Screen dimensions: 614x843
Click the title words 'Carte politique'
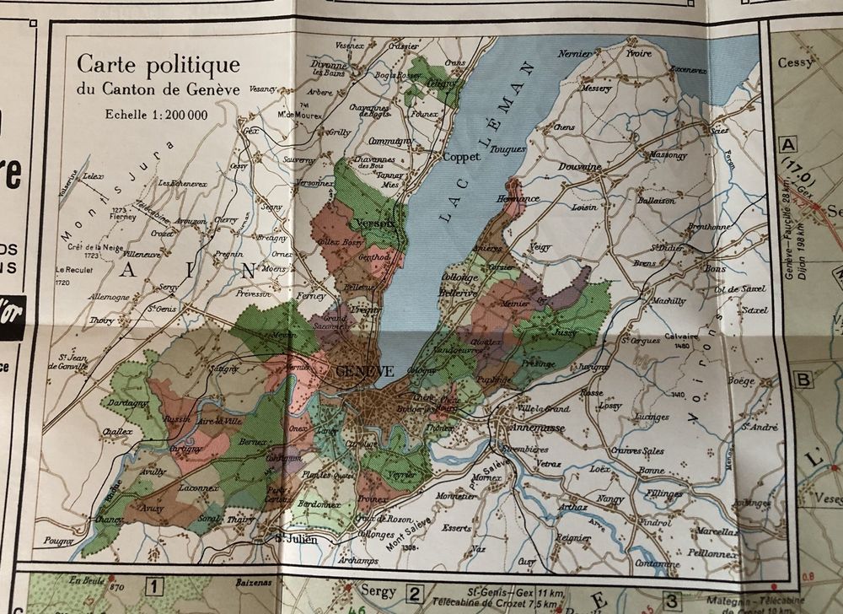(x=158, y=65)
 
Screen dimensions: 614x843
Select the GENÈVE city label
(x=365, y=371)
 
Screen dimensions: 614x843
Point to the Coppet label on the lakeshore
(x=461, y=157)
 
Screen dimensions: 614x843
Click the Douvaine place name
(x=579, y=167)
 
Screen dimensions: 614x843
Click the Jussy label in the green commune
(x=564, y=333)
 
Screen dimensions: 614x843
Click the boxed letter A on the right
(x=790, y=143)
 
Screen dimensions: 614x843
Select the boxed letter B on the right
(x=803, y=379)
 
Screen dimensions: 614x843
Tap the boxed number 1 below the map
(x=154, y=584)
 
